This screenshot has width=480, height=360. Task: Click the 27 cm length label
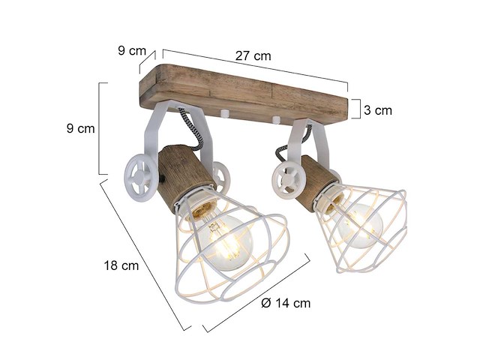pos(253,55)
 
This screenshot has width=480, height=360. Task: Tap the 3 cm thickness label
pos(377,110)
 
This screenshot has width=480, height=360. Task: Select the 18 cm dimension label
pos(120,264)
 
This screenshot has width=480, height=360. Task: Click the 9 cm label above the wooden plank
pos(131,51)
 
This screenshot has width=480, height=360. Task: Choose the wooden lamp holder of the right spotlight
pos(316,182)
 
